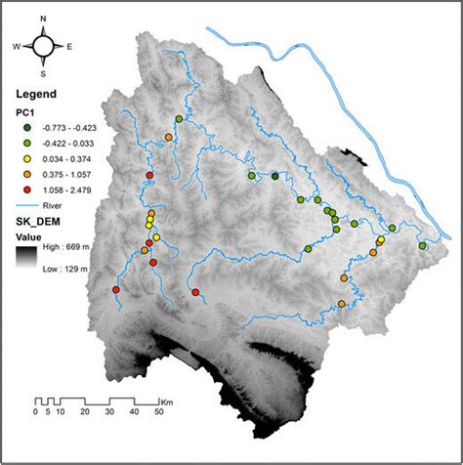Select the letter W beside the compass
point(17,46)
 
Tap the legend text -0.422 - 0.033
point(67,144)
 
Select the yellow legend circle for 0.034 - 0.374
point(26,159)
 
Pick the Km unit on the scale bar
point(168,402)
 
